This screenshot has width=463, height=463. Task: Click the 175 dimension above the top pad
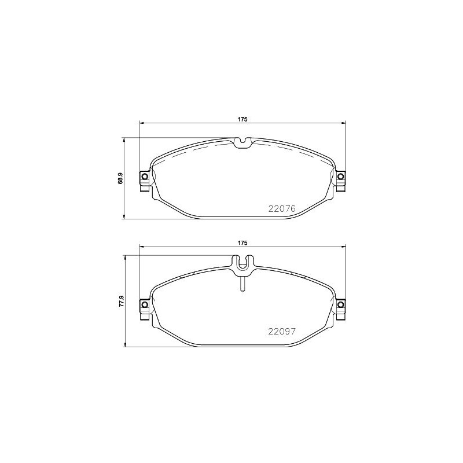242,119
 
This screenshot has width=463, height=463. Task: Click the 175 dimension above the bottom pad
242,243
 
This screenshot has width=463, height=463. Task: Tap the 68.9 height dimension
120,178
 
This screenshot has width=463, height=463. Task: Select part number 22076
282,209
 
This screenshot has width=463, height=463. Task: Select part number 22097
282,332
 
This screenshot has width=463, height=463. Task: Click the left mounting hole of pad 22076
145,177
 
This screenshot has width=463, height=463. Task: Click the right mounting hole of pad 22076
340,177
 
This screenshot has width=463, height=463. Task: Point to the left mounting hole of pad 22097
145,304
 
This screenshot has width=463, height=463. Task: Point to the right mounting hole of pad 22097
340,304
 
